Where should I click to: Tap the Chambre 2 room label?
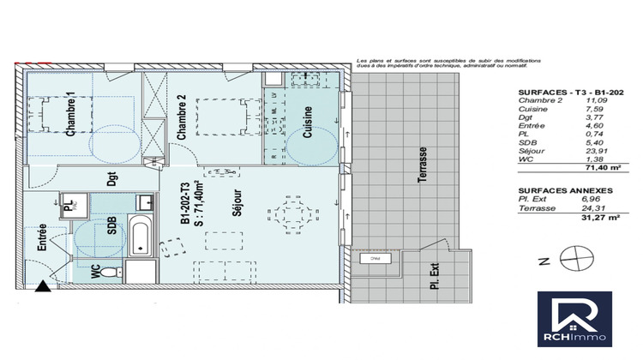182,117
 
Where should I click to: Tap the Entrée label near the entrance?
40,236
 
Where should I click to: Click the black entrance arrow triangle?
39,290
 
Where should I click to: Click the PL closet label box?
68,206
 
